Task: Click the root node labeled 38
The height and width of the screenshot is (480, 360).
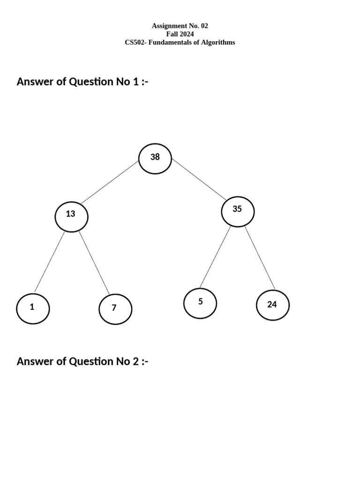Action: tap(155, 158)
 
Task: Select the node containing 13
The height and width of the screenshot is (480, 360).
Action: tap(71, 216)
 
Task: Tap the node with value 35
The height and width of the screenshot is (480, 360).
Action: tap(238, 211)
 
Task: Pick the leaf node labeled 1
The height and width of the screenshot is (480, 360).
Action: tap(33, 308)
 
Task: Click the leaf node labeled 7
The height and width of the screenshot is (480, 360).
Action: tap(115, 309)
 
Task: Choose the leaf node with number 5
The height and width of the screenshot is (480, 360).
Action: tap(200, 303)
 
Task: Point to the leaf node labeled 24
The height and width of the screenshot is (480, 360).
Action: tap(272, 305)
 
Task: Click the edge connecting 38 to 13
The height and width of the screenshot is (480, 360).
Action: tap(110, 183)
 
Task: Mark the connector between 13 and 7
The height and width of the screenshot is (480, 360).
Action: tap(94, 262)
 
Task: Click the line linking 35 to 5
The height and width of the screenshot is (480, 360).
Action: tap(215, 257)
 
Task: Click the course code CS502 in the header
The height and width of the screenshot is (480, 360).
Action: tap(135, 42)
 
